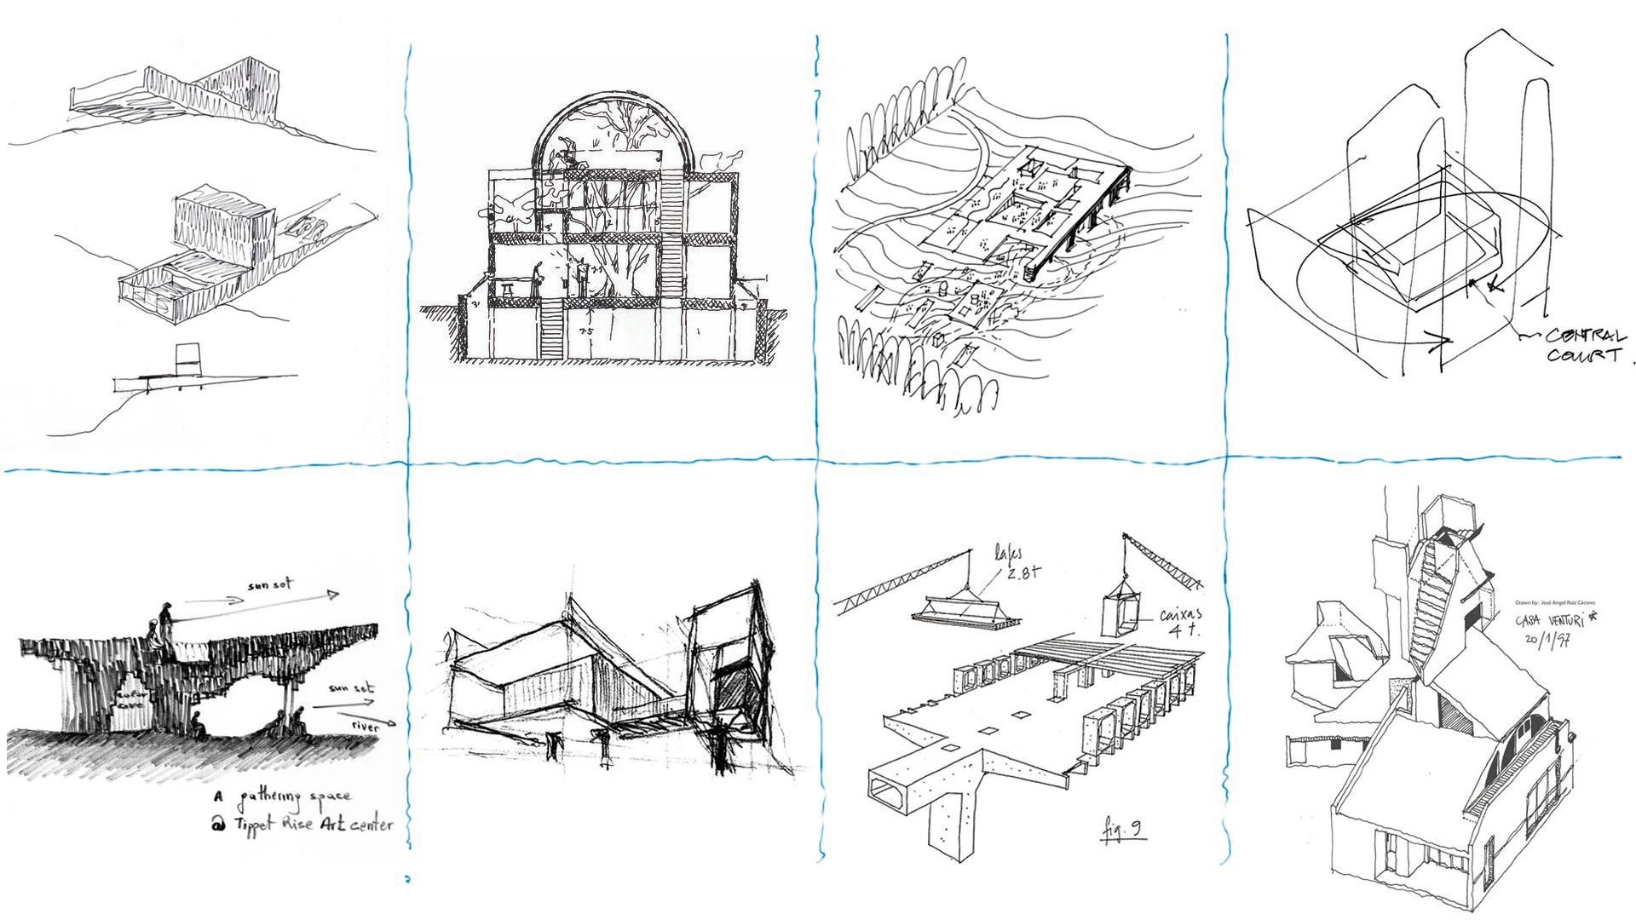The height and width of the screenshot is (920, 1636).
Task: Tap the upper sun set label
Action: pyautogui.click(x=270, y=585)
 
